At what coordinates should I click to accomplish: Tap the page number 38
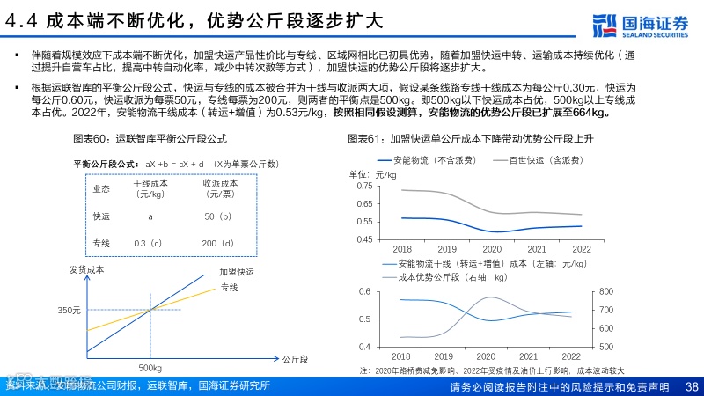coord(692,387)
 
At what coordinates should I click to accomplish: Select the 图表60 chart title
coord(150,139)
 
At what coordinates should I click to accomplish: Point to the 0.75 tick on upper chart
coord(363,186)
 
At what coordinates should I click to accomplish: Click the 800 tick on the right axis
coord(607,291)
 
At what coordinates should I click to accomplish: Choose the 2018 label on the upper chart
coord(402,249)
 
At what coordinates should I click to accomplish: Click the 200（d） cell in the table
coord(216,243)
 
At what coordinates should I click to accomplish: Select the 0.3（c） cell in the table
coord(148,243)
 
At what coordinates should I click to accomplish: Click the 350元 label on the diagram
coord(70,311)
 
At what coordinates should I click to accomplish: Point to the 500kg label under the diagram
coord(150,367)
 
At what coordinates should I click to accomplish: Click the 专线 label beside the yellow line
coord(230,288)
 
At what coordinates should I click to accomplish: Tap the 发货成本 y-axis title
coord(86,269)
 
